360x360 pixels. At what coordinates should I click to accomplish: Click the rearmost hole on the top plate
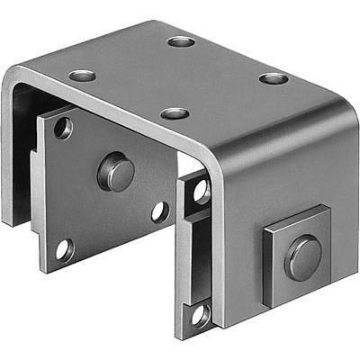point(181,41)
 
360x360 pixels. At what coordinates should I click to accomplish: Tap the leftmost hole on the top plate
point(83,75)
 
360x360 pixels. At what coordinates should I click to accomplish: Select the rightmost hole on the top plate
point(274,78)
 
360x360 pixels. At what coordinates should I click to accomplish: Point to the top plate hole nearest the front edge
point(175,113)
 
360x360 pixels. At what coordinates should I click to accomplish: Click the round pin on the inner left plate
point(115,171)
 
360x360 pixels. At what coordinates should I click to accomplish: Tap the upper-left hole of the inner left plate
point(62,129)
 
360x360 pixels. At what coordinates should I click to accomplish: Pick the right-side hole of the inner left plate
point(159,212)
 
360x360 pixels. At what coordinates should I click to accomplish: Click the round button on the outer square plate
point(302,257)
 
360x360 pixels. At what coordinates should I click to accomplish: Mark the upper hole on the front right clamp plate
point(200,191)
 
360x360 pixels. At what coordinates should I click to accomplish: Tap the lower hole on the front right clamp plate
point(199,314)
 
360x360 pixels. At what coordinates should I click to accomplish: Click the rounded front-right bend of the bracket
point(216,166)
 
